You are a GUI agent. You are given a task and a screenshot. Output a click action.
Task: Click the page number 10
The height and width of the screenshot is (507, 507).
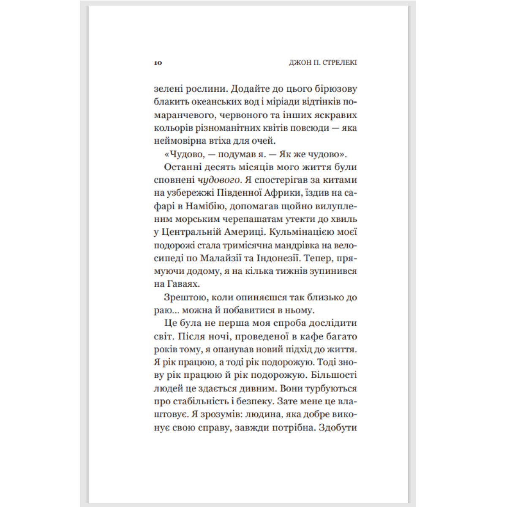click(x=158, y=63)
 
